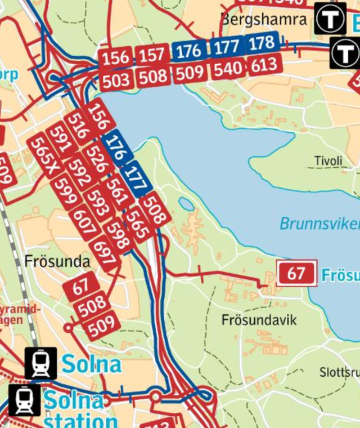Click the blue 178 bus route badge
tap(262, 43)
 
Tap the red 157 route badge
tap(152, 55)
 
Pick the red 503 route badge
tap(116, 79)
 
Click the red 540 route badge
tap(228, 69)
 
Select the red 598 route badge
tap(119, 236)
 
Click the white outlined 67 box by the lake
tap(296, 274)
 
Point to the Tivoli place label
tap(328, 161)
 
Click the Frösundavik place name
tap(259, 320)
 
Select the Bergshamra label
tap(264, 20)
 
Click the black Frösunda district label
tap(57, 262)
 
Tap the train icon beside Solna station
tap(25, 400)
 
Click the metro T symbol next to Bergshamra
tap(330, 19)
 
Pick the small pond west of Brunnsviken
tap(186, 204)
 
